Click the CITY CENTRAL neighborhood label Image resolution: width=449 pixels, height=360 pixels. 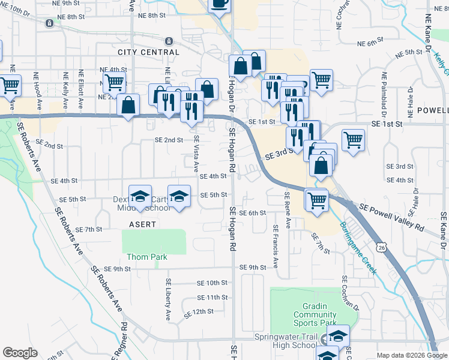click(x=148, y=52)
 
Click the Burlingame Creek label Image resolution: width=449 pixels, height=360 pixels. click(x=358, y=248)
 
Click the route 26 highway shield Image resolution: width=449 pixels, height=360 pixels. click(x=382, y=247)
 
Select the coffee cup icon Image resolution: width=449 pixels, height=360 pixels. click(x=218, y=4)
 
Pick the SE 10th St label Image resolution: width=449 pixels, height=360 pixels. click(x=213, y=283)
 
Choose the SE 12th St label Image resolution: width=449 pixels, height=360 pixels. click(x=199, y=313)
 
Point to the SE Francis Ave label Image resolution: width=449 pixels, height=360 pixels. click(x=276, y=246)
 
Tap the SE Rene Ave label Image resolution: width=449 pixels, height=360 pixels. click(x=287, y=210)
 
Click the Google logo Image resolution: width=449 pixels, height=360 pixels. click(x=20, y=353)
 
